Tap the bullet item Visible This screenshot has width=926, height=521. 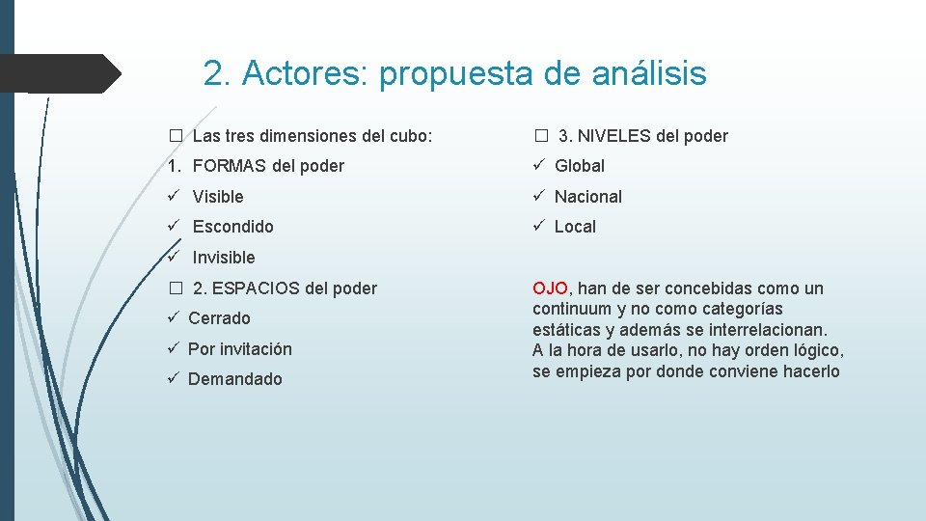coord(218,197)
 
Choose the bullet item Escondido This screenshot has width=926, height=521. coord(232,227)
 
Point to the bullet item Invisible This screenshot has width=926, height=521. coord(224,258)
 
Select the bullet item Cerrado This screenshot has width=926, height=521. coord(219,318)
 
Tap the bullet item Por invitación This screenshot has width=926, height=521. coord(239,349)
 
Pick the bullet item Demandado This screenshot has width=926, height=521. coord(234,379)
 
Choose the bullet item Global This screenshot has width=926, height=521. coord(580,166)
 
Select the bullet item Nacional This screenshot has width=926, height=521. coord(588,197)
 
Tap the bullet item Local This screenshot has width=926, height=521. coord(575,227)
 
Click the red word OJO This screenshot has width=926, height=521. coord(550,288)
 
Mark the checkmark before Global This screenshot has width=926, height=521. coord(539,166)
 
